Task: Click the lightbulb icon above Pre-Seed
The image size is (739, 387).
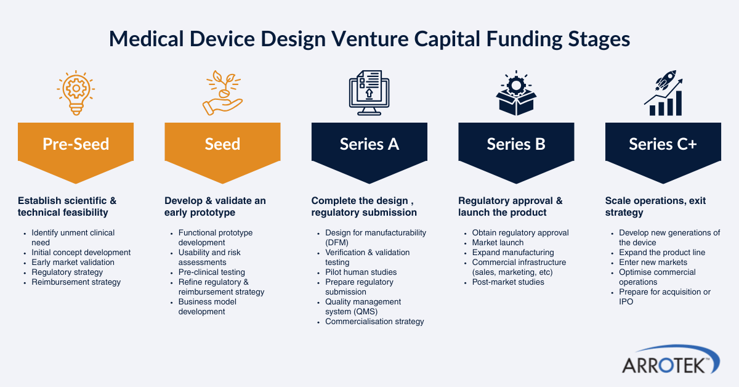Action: pyautogui.click(x=76, y=93)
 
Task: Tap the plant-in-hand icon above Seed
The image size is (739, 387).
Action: pyautogui.click(x=222, y=93)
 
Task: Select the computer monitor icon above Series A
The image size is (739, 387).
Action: pyautogui.click(x=369, y=93)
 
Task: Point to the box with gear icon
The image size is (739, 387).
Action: pyautogui.click(x=516, y=93)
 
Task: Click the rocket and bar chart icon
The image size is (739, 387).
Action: pyautogui.click(x=663, y=93)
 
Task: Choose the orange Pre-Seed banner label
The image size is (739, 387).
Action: pyautogui.click(x=76, y=144)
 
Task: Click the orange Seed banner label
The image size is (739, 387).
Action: pyautogui.click(x=222, y=144)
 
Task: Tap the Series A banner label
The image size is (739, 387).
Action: pyautogui.click(x=369, y=144)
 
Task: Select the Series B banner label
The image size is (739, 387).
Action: pyautogui.click(x=516, y=144)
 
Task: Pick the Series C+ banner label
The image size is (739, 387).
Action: pyautogui.click(x=663, y=144)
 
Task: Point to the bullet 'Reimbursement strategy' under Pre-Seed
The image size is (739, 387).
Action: pyautogui.click(x=76, y=282)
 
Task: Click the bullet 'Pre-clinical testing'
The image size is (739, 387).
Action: pyautogui.click(x=212, y=272)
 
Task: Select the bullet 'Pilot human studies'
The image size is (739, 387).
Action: pyautogui.click(x=361, y=272)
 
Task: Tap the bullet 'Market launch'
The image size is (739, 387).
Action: pyautogui.click(x=498, y=243)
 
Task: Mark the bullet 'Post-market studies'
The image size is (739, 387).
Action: pyautogui.click(x=508, y=282)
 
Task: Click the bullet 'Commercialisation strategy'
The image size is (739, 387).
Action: pyautogui.click(x=374, y=322)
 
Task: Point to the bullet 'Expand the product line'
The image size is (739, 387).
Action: pyautogui.click(x=662, y=253)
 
